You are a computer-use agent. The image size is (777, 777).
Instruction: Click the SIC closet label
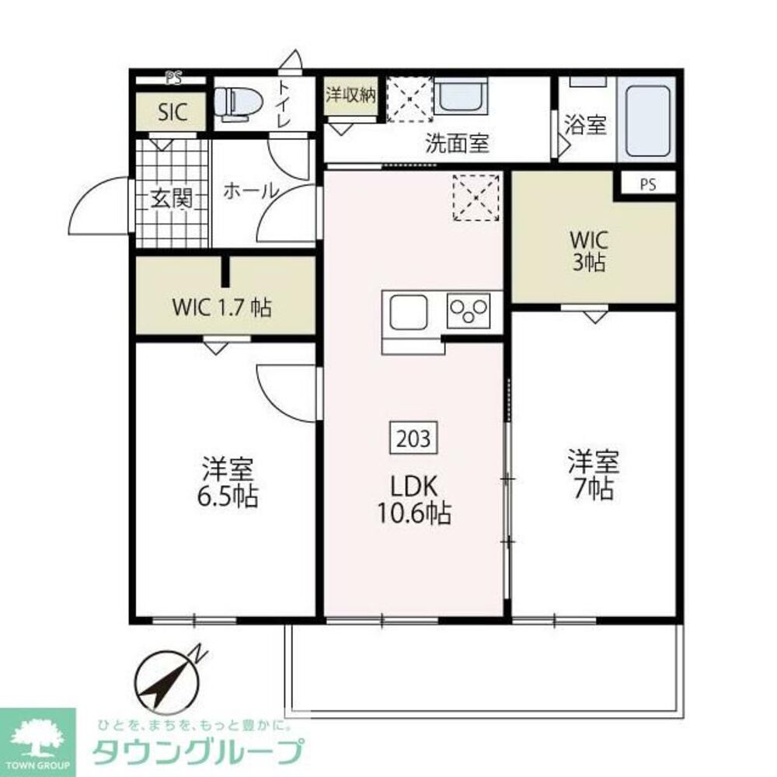[172, 113]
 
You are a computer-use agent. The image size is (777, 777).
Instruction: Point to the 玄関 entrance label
[172, 199]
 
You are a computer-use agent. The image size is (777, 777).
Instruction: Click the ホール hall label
[251, 191]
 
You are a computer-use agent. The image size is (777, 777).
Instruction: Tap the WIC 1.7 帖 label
[221, 308]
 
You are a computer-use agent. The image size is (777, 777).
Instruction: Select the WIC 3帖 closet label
[589, 251]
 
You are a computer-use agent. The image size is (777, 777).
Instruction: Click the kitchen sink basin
[409, 312]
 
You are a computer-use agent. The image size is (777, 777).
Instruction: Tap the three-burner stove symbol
[469, 311]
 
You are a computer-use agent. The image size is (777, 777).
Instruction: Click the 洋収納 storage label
[350, 95]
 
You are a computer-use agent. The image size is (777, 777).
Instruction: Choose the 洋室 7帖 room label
[594, 474]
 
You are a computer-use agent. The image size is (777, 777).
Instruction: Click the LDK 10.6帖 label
[414, 500]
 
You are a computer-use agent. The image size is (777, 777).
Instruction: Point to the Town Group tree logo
[37, 738]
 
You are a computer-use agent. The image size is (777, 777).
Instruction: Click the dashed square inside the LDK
[476, 197]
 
